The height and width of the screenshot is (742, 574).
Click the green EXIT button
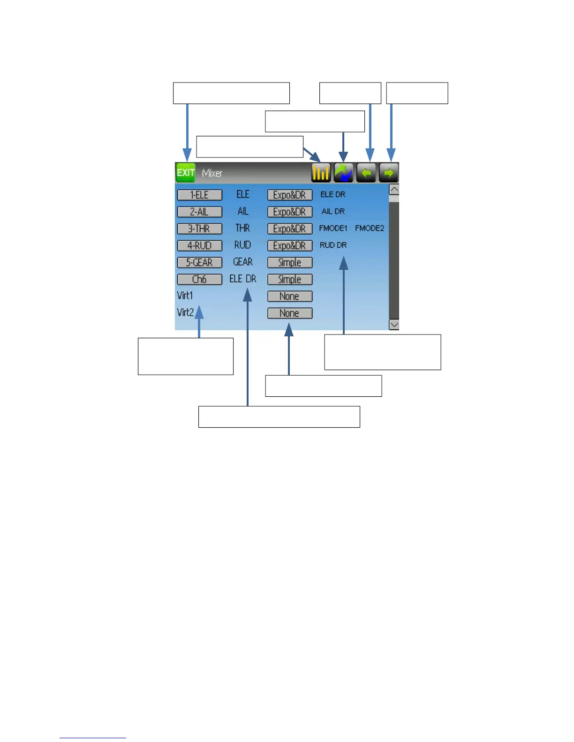(x=185, y=172)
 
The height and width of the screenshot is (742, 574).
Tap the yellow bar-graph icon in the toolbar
(x=321, y=173)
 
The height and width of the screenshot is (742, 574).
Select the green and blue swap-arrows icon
(x=344, y=173)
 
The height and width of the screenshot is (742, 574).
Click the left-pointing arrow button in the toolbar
(x=366, y=173)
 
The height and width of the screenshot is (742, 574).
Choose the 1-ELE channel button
(x=199, y=195)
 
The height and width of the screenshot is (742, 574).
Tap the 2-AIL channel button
(x=199, y=212)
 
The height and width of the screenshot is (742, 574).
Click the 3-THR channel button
(x=199, y=229)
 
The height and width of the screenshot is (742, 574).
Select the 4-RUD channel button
(x=199, y=245)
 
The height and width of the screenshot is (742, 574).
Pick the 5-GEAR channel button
(x=199, y=262)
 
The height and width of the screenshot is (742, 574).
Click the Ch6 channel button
(x=199, y=279)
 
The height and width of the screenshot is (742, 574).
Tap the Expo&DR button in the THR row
(x=290, y=229)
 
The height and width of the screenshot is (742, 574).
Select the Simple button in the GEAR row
(x=290, y=262)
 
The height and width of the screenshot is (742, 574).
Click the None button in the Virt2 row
(x=290, y=313)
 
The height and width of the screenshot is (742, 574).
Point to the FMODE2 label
(x=370, y=228)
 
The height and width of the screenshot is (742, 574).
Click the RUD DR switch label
(x=333, y=245)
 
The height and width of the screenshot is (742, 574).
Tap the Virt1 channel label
(x=185, y=296)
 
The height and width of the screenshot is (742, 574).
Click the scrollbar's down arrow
(x=394, y=325)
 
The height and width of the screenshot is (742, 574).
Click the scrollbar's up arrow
(x=394, y=190)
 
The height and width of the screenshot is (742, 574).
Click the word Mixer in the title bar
(x=212, y=173)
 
